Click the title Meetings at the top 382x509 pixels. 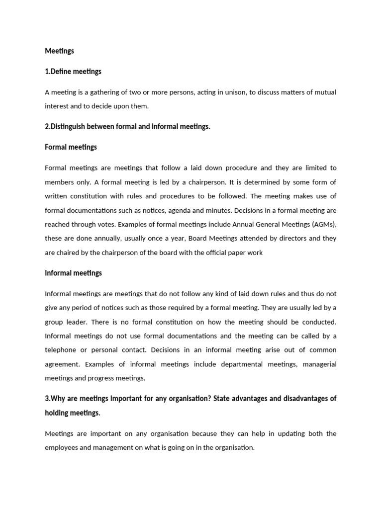(x=59, y=51)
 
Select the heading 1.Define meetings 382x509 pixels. (x=73, y=72)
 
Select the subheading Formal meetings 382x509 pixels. (x=71, y=147)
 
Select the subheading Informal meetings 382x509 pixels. (x=73, y=273)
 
